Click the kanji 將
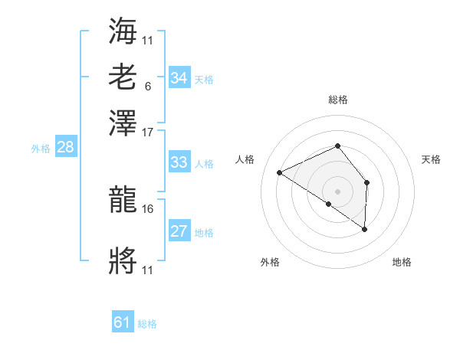[x=123, y=263]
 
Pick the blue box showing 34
[x=179, y=78]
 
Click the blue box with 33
[x=179, y=162]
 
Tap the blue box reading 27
[x=179, y=232]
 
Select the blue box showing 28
[x=65, y=148]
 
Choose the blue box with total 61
[x=123, y=323]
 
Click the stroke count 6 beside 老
[x=147, y=86]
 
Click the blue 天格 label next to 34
[x=204, y=79]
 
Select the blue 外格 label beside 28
[x=41, y=149]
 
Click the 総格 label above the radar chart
[x=337, y=100]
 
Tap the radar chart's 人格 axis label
[x=245, y=159]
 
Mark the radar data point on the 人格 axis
[x=280, y=173]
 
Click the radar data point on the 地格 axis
[x=364, y=229]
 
